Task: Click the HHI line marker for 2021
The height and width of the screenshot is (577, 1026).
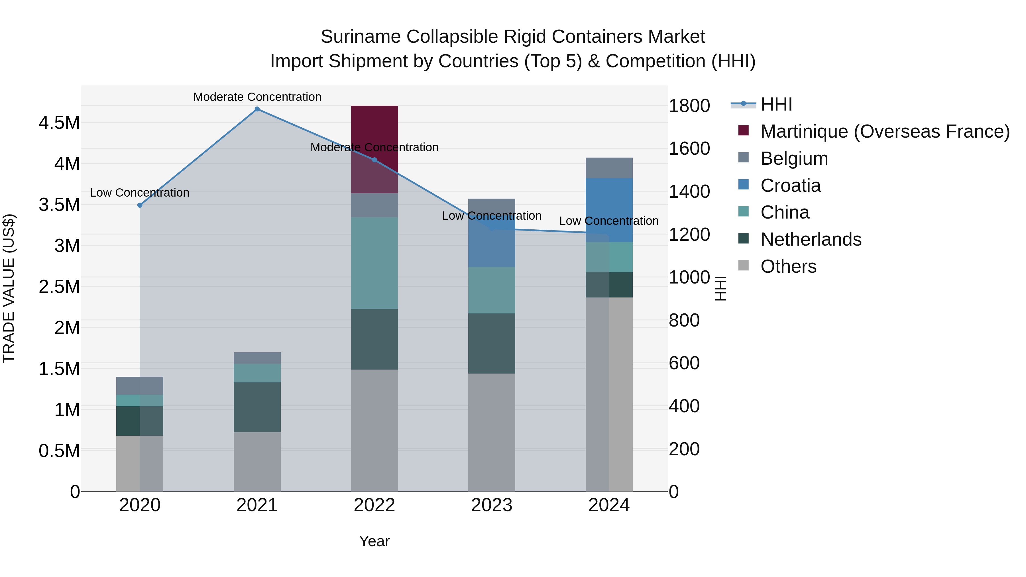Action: click(257, 109)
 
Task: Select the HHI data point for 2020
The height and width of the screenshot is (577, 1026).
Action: click(140, 205)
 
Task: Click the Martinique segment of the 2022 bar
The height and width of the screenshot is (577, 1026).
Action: click(374, 127)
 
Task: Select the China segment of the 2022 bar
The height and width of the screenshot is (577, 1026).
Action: click(374, 263)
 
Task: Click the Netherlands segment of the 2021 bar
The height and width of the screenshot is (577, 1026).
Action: click(257, 407)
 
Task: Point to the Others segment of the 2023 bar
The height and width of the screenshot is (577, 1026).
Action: click(492, 432)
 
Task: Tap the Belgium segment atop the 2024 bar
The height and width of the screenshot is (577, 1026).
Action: click(609, 168)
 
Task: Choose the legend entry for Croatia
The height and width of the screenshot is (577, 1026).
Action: click(790, 185)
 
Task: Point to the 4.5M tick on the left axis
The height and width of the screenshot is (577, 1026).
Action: click(59, 123)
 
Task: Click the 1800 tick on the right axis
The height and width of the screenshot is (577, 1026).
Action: click(689, 106)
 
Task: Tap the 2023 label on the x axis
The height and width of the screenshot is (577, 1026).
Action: click(492, 505)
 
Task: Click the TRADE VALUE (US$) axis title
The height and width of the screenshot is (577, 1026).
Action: click(9, 288)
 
